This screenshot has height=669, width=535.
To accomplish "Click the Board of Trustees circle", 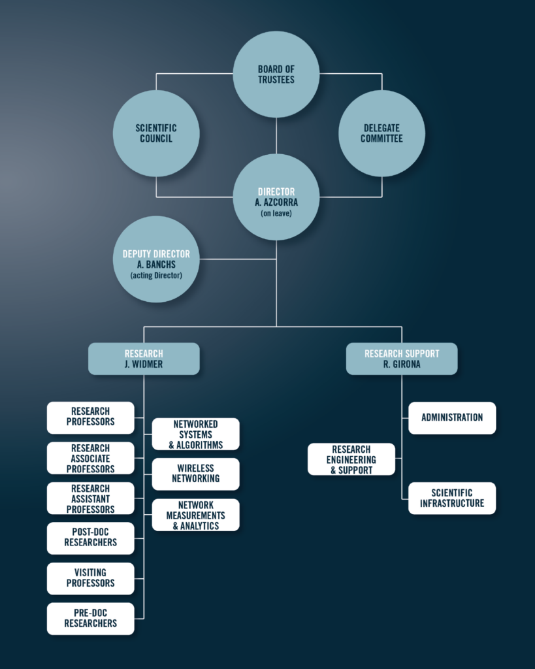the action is [276, 74].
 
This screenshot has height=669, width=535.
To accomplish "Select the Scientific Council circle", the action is [156, 133].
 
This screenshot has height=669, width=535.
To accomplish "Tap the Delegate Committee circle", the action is [382, 133].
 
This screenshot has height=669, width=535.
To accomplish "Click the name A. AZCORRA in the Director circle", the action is [276, 203].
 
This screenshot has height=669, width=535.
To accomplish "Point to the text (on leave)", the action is [276, 214].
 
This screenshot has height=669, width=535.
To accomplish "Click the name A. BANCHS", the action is [156, 265].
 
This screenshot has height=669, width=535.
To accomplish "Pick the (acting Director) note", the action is [156, 276].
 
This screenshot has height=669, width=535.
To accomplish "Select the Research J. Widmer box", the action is [144, 359].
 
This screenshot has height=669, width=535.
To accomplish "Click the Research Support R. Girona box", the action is [402, 359].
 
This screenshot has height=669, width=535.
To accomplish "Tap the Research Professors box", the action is [90, 417].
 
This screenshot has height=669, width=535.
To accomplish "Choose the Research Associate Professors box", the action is [90, 458].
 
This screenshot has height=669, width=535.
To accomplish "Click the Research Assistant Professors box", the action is [90, 498].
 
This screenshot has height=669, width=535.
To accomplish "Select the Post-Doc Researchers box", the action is [90, 538].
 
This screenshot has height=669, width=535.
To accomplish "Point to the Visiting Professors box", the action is [90, 579].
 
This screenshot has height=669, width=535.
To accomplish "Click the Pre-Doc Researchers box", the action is [90, 619].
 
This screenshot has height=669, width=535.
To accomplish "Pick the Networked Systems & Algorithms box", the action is [196, 434].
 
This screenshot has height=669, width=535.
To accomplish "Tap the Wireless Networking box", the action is [196, 474].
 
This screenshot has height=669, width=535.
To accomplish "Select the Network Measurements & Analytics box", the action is [196, 515].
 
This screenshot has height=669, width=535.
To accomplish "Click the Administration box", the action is [452, 418].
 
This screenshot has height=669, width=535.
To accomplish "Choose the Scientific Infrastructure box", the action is [452, 498].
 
